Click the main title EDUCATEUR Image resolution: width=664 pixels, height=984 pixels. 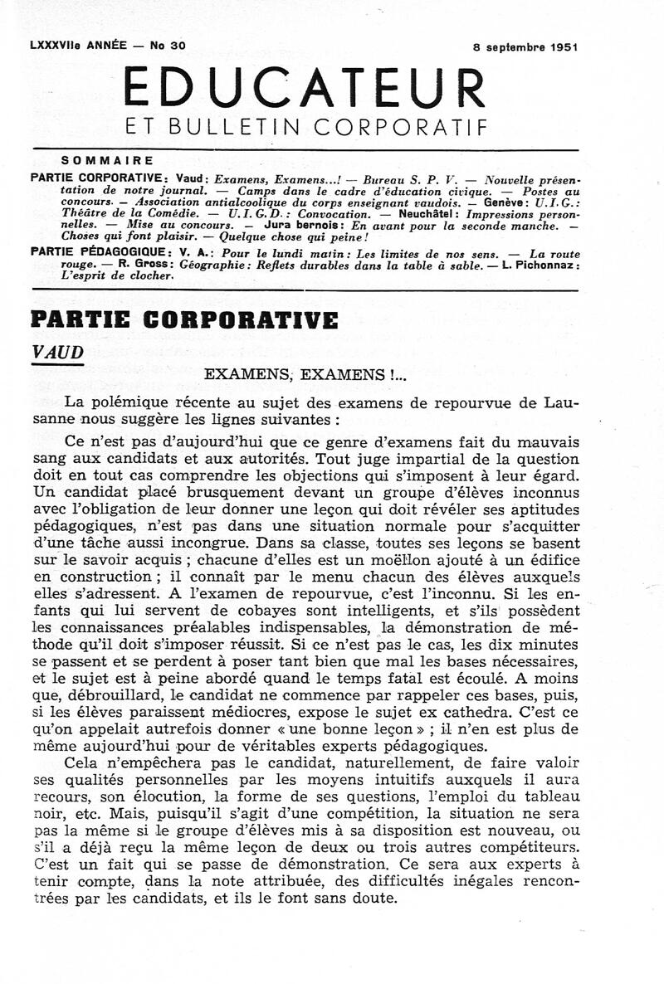[x=304, y=86]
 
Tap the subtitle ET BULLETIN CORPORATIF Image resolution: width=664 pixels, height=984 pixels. [x=305, y=127]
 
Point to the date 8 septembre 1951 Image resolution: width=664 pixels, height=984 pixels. [x=520, y=47]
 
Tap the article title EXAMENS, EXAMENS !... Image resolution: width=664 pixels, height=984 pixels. [x=305, y=376]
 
